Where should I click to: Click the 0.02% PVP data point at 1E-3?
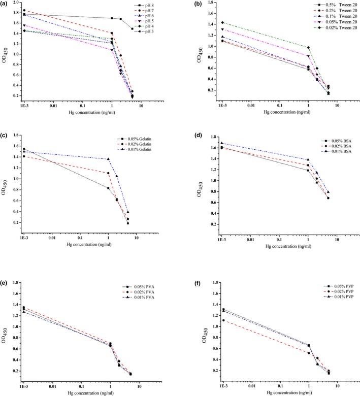click(222, 320)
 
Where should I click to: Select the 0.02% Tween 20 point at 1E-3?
click(222, 23)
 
